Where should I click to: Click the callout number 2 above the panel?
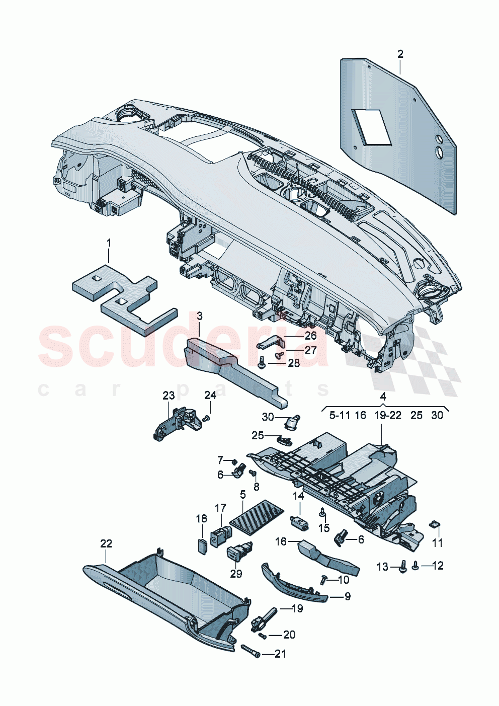(400, 54)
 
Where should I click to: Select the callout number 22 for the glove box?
(106, 543)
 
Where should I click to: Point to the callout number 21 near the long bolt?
(281, 654)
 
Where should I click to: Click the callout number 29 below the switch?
(236, 573)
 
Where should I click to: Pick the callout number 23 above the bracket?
(169, 396)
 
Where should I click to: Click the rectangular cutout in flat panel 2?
(372, 127)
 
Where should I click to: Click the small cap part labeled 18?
(202, 545)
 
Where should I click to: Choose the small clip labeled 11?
(434, 525)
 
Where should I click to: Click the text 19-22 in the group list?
(388, 415)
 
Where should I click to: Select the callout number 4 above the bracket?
(383, 397)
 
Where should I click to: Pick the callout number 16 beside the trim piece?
(281, 541)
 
